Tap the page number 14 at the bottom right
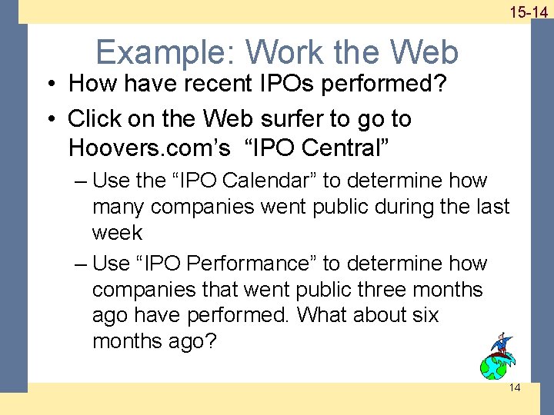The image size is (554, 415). pos(515,387)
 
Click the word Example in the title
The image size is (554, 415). pos(165,52)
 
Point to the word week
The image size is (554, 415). pos(117,233)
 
